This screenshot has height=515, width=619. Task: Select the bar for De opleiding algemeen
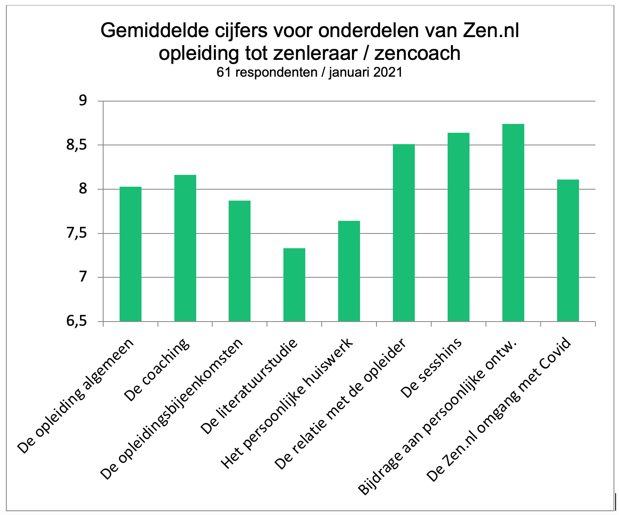point(131,254)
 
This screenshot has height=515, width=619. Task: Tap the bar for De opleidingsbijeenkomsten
point(240,261)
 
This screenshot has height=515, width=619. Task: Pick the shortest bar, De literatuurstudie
point(294,285)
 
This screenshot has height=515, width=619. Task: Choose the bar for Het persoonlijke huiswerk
point(349,271)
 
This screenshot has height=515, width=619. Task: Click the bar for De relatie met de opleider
point(404,233)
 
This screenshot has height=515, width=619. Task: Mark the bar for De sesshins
point(459,227)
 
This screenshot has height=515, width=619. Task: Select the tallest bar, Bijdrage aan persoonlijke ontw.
point(513,223)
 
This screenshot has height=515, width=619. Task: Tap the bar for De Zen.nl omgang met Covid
point(568,250)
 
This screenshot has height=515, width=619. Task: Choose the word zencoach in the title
point(417,54)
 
